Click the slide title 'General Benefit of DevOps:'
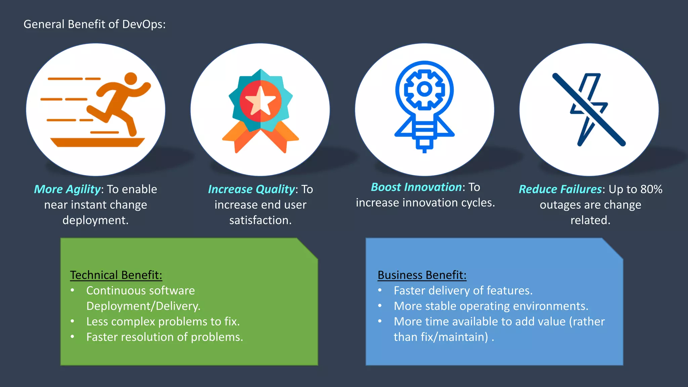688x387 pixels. coord(94,24)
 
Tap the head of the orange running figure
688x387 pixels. coord(131,79)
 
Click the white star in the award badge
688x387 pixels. coord(260,101)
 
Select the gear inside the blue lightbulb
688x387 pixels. coord(424,89)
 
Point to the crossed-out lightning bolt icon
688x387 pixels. coord(589,110)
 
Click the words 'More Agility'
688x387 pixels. coord(67,189)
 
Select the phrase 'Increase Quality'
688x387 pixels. coord(251,189)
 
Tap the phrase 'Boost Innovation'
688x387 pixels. coord(416,187)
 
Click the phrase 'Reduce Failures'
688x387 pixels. coord(560,189)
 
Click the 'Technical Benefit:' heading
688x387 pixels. coord(116,275)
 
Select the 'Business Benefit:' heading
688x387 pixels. coord(422,275)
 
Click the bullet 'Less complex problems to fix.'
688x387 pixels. coord(163,321)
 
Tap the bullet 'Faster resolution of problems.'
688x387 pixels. coord(165,337)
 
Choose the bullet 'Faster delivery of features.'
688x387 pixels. coord(463,291)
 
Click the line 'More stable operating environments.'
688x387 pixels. coord(491,306)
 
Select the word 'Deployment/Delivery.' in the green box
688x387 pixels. coord(143,306)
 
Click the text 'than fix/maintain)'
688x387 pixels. coord(441,337)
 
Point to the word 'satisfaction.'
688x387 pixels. coord(260,220)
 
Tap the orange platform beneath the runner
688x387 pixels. coord(97,142)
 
